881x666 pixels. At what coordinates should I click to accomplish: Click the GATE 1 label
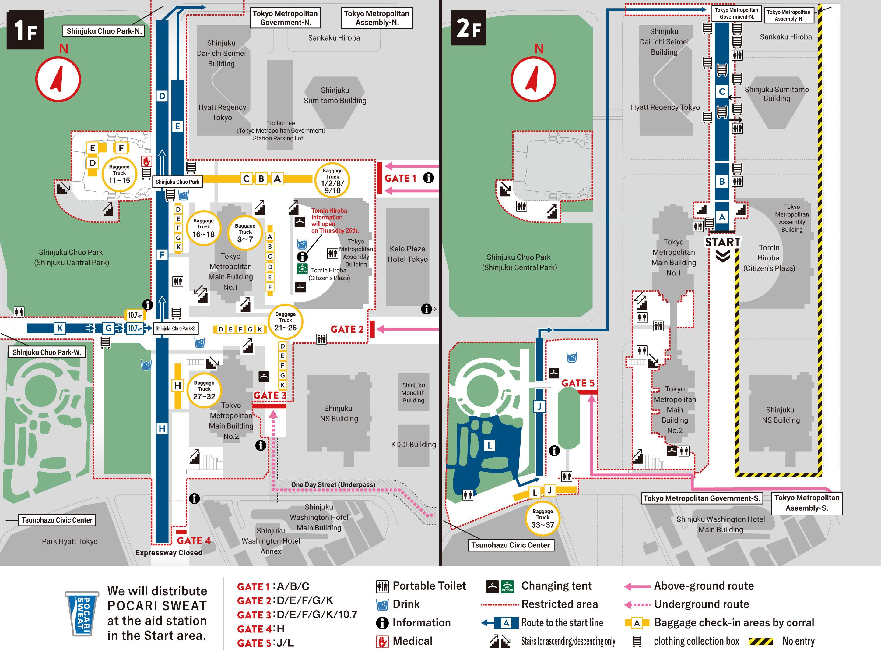400,178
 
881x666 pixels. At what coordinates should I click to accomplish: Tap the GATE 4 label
194,540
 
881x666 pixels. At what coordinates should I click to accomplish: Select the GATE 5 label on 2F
577,383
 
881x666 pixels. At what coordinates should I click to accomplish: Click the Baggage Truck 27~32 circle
204,390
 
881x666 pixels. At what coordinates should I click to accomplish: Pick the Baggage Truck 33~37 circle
542,519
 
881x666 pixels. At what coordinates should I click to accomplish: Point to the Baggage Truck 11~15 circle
119,174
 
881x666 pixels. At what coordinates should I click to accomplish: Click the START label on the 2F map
722,242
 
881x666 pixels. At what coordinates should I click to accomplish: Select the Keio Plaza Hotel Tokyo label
407,254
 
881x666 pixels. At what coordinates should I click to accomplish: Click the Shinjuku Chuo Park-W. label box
47,352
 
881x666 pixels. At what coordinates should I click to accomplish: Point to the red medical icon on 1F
146,161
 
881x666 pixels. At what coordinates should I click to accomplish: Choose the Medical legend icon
382,641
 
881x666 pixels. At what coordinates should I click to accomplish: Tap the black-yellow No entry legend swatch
761,641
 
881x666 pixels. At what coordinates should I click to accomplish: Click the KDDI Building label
413,445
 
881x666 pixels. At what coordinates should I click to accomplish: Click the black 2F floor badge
469,28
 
